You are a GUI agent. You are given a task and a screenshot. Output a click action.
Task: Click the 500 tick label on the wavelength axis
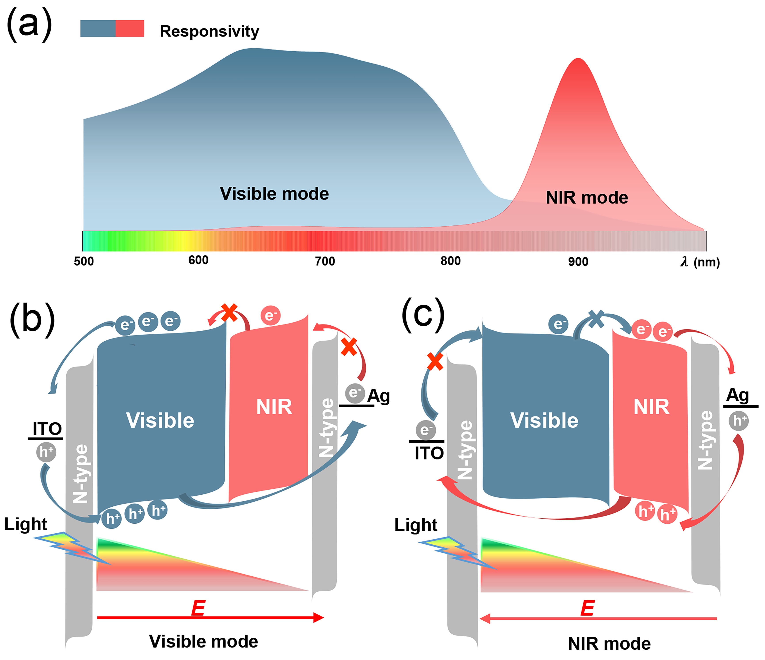point(84,261)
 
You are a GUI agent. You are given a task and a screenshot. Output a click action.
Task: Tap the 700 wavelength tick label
point(325,261)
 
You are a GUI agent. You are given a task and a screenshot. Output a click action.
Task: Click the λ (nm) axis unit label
point(700,262)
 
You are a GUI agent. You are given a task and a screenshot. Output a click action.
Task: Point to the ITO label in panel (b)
point(47,429)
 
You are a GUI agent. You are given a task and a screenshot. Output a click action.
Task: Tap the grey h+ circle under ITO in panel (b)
point(46,451)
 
